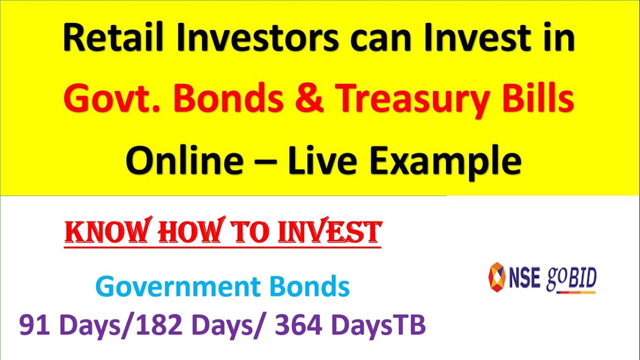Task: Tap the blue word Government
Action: [x=177, y=287]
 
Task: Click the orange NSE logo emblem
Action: [x=496, y=277]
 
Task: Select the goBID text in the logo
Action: [x=571, y=278]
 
